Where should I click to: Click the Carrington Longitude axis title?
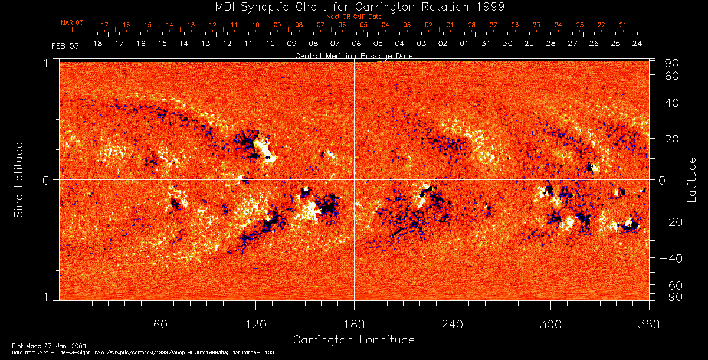[353, 340]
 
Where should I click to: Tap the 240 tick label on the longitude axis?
[452, 324]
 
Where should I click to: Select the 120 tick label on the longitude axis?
[255, 324]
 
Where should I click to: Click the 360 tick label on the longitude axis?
[648, 324]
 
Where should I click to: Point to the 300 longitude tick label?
[550, 324]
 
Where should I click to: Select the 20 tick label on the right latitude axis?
[673, 139]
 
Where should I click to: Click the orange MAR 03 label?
[72, 22]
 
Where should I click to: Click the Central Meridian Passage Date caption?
[353, 55]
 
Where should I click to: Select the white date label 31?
[486, 44]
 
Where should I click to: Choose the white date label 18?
[97, 44]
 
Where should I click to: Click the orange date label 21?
[622, 25]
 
